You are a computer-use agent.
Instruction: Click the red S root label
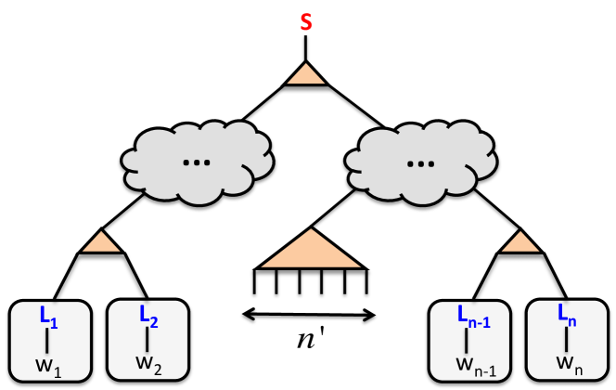click(306, 20)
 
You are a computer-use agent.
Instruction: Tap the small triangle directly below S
click(306, 77)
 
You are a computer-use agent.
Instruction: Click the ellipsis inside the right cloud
click(417, 161)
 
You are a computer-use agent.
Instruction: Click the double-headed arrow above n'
click(309, 314)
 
